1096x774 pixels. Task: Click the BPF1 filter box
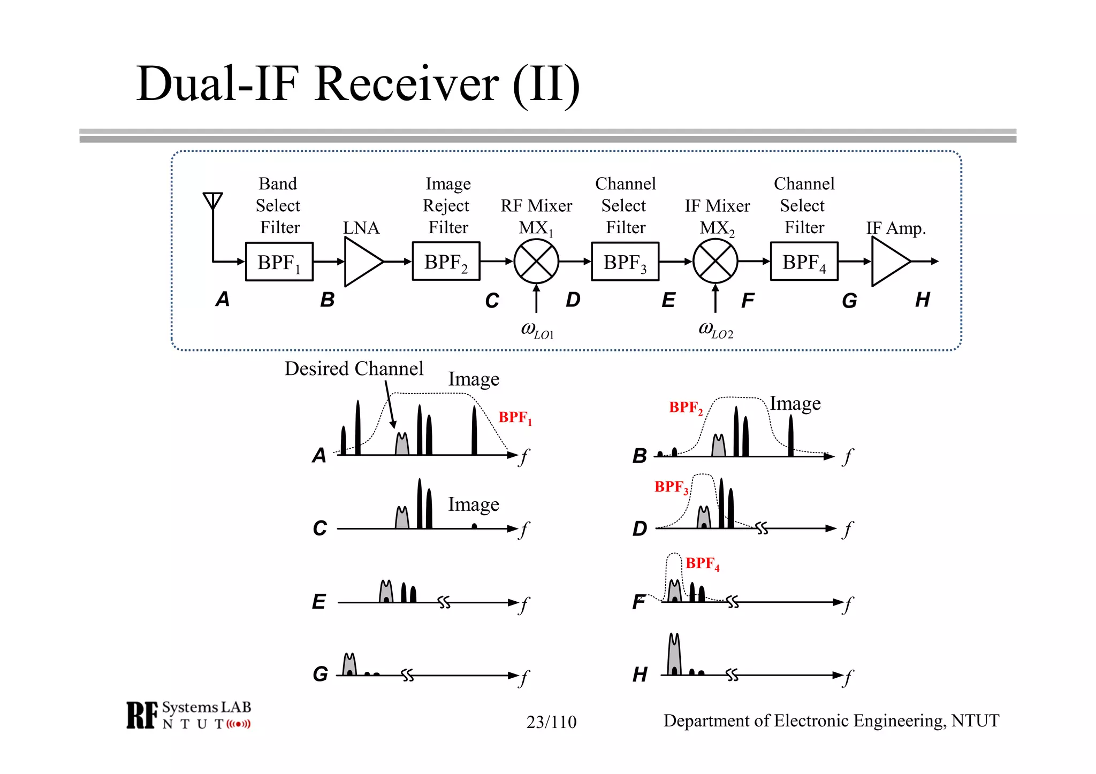(279, 262)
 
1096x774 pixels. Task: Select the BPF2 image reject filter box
(446, 261)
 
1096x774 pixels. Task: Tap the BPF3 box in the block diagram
(625, 262)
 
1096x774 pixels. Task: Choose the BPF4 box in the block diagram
(804, 262)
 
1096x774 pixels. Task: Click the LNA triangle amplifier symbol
(361, 262)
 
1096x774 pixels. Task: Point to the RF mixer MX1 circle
(536, 262)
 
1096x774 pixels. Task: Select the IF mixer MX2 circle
(715, 262)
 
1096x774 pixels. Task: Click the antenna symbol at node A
(212, 201)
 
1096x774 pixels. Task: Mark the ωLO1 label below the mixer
(537, 329)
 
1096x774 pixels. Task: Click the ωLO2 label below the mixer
(716, 329)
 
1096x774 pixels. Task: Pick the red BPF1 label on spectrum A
(515, 417)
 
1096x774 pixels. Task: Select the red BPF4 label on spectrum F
(702, 563)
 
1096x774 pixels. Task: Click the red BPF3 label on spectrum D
(671, 487)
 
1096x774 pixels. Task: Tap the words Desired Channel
(354, 369)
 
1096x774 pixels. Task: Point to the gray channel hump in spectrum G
(349, 665)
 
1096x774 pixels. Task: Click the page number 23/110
(551, 722)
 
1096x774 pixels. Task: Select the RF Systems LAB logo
(188, 715)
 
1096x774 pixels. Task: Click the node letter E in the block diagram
(668, 301)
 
